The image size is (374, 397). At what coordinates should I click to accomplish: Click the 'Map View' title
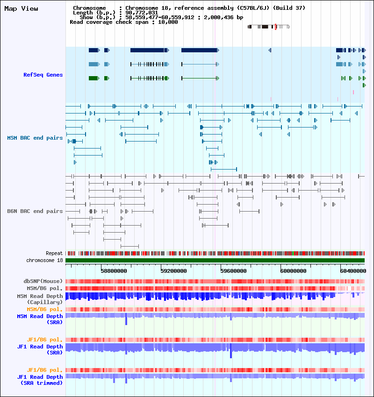click(x=22, y=8)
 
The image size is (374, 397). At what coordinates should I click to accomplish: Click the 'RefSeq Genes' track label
click(x=43, y=75)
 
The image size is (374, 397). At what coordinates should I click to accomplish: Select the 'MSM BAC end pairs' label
click(x=35, y=138)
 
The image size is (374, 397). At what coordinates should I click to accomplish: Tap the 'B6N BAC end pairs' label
click(x=35, y=211)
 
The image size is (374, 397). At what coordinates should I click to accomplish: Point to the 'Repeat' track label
click(x=54, y=253)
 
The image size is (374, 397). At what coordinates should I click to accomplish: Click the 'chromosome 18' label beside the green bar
click(x=44, y=260)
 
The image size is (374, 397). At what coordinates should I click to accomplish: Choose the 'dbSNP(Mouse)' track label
click(x=43, y=281)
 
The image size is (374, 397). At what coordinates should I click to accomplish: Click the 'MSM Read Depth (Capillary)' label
click(x=40, y=299)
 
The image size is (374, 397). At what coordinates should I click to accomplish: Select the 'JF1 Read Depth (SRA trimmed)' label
click(x=40, y=380)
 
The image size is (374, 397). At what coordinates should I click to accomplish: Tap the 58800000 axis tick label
click(x=114, y=271)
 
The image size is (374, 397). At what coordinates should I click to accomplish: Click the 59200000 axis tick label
click(x=173, y=271)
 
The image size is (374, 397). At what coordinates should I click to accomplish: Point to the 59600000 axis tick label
click(x=233, y=271)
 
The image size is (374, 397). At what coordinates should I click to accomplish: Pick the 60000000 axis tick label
click(x=293, y=271)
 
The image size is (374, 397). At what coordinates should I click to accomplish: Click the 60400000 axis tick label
click(x=353, y=271)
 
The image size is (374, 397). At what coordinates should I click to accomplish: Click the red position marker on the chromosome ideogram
click(x=276, y=27)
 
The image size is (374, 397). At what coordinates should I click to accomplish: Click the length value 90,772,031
click(x=142, y=13)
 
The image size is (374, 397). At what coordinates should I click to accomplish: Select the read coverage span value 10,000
click(x=168, y=22)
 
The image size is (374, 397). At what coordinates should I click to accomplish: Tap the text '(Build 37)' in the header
click(x=289, y=8)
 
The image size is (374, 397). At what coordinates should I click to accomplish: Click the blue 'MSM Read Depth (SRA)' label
click(x=40, y=319)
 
